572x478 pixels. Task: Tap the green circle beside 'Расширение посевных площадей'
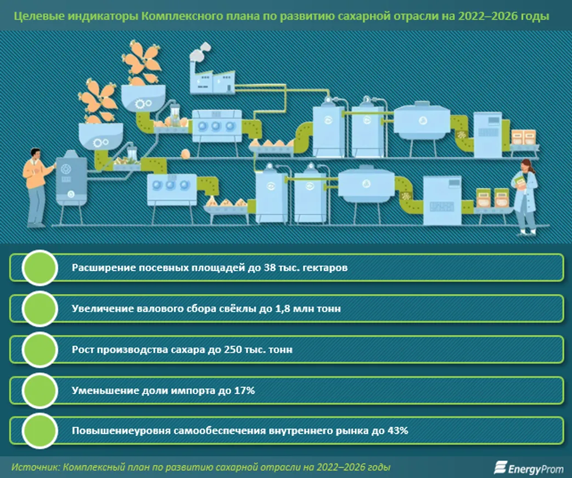point(40,268)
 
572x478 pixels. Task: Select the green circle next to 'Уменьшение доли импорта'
point(40,391)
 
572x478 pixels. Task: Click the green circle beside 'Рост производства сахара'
point(40,350)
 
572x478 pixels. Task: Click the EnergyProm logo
point(529,468)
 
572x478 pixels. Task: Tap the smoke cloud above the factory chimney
point(200,50)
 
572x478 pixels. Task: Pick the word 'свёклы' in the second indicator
point(238,309)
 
